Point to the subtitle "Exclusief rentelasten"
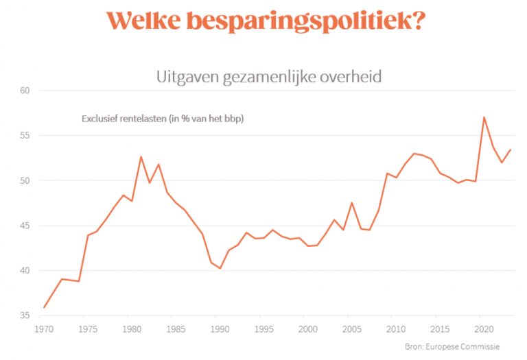point(163,118)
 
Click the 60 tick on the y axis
point(26,91)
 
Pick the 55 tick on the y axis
point(26,136)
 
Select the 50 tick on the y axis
point(26,180)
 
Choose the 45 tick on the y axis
point(26,226)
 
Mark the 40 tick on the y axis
point(26,271)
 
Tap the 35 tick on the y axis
point(26,316)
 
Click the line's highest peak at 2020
point(484,117)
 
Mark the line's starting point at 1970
point(44,307)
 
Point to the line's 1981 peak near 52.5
point(141,157)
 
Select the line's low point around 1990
point(220,268)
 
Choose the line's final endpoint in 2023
point(511,149)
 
